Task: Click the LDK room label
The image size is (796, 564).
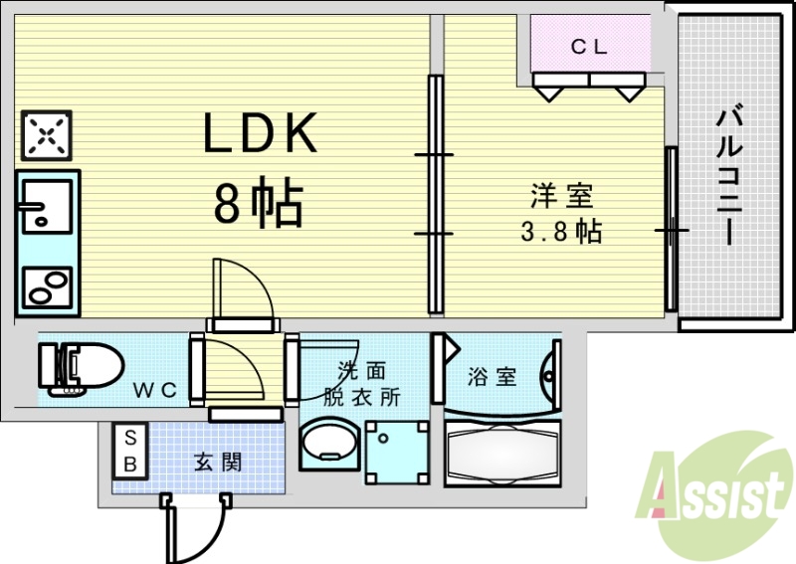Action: (x=260, y=132)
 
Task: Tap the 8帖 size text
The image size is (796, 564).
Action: (x=259, y=201)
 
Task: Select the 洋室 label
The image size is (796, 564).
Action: (x=562, y=196)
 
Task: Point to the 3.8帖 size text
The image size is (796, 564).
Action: (x=561, y=232)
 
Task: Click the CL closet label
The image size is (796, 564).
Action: (x=589, y=47)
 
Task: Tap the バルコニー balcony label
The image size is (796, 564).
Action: (x=729, y=174)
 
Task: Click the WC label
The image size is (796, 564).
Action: (x=155, y=390)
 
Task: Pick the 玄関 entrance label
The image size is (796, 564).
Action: (x=218, y=462)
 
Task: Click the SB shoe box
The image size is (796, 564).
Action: (x=130, y=451)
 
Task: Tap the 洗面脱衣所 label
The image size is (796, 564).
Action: (x=361, y=383)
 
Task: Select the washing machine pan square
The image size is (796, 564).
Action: (x=397, y=452)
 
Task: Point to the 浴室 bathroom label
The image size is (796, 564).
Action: (x=492, y=377)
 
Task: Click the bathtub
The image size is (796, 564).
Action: (x=503, y=454)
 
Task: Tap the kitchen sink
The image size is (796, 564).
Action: (x=46, y=206)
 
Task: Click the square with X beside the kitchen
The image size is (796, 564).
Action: (x=47, y=135)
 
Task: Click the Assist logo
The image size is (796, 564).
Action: (x=713, y=492)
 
